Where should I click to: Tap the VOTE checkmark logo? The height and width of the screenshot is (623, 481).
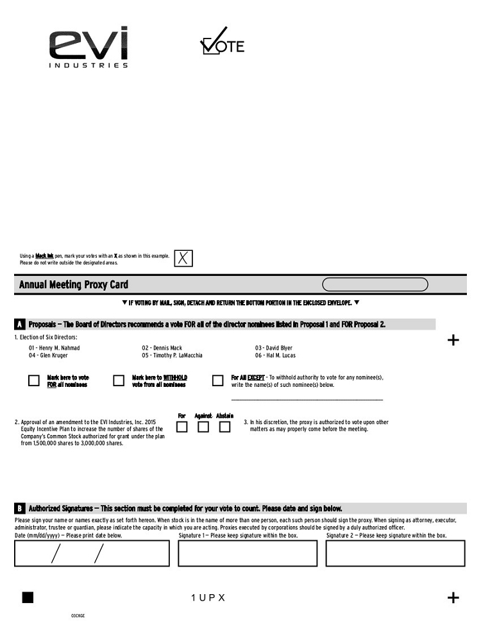(x=222, y=42)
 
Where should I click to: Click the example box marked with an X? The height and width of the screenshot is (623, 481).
(x=183, y=259)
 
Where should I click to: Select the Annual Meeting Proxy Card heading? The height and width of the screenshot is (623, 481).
(x=74, y=285)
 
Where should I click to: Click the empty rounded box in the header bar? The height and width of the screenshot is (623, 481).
(x=375, y=285)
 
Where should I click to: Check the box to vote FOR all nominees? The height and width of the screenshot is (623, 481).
(x=34, y=380)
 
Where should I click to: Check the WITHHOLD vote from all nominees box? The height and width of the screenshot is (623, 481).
(x=119, y=380)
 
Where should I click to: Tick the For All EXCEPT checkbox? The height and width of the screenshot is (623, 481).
(x=217, y=380)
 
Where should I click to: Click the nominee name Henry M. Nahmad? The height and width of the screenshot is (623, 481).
(x=60, y=348)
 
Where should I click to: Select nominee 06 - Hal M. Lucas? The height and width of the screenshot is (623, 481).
(x=275, y=355)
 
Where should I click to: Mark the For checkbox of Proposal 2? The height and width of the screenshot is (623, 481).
(x=182, y=427)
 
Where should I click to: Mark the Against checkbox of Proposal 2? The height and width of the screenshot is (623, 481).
(x=203, y=427)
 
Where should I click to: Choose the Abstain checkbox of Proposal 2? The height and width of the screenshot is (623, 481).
(x=224, y=427)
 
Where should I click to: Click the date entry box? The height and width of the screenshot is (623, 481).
(x=92, y=553)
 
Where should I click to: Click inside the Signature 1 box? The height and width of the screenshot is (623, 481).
(x=248, y=553)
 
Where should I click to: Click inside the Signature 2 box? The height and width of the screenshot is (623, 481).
(x=395, y=553)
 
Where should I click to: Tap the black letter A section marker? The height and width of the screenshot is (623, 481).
(x=21, y=325)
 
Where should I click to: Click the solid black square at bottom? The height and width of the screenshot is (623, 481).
(x=28, y=597)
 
